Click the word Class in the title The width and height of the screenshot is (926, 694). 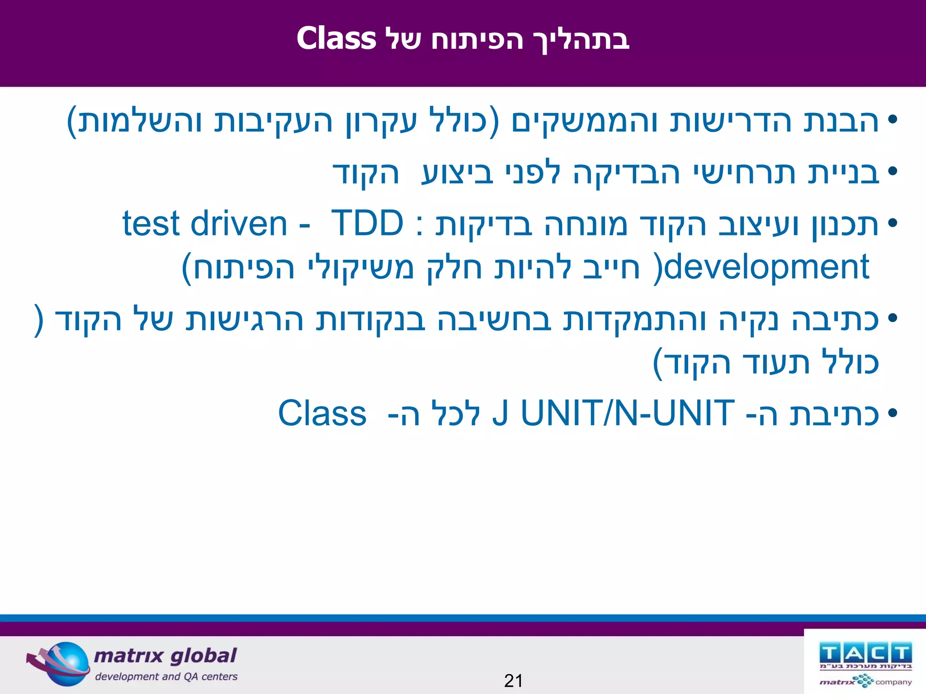tap(336, 39)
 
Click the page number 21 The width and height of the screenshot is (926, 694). tap(513, 680)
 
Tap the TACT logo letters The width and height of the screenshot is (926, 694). tap(865, 653)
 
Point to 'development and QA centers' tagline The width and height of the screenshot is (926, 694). tap(166, 676)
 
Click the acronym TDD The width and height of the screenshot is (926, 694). tap(367, 223)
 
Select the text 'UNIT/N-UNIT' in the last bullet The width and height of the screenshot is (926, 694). tap(628, 413)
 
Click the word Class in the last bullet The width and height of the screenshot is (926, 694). tap(322, 413)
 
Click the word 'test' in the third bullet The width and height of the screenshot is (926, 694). tap(151, 224)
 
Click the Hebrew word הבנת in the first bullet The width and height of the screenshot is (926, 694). tap(841, 121)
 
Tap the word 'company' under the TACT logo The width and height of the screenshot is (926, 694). tap(893, 682)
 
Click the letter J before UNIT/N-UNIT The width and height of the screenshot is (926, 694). tap(500, 413)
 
